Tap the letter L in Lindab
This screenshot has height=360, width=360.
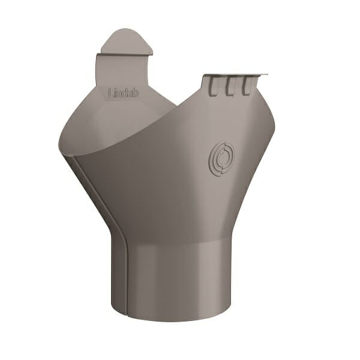click(110, 93)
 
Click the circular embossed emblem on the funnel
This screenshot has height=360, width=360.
click(222, 158)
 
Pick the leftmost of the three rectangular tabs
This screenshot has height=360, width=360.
click(214, 86)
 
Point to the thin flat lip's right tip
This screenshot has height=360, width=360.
click(266, 75)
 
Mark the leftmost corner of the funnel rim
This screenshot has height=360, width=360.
click(60, 144)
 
